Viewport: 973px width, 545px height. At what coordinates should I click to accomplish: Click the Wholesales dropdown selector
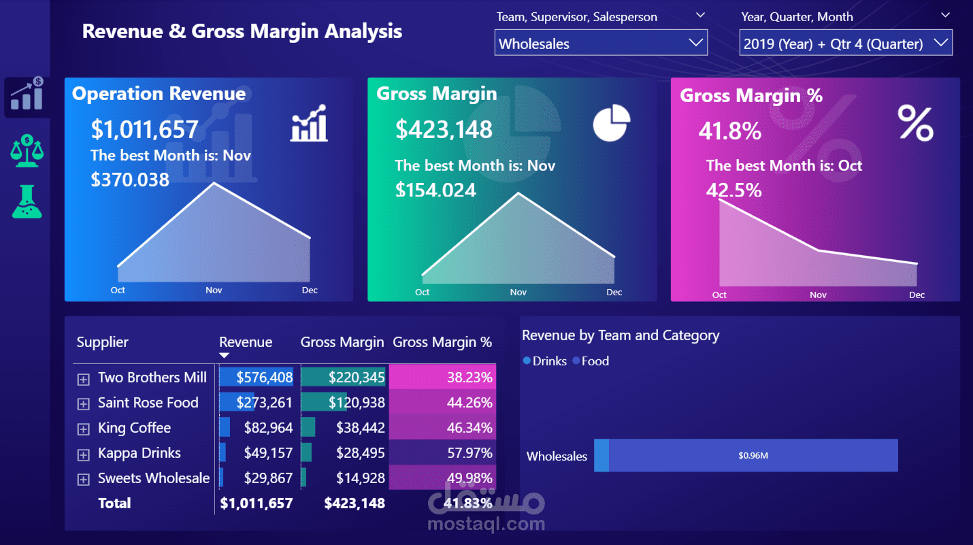[600, 44]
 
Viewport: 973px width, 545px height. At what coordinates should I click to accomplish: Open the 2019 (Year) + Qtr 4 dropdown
[845, 44]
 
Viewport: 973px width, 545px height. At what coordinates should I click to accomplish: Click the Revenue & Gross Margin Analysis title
[242, 31]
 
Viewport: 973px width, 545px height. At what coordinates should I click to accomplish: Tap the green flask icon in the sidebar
[27, 202]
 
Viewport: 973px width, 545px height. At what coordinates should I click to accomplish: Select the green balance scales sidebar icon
[27, 150]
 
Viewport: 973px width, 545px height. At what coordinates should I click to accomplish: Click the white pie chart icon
[611, 123]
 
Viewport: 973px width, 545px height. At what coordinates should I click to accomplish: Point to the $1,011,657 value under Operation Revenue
[144, 129]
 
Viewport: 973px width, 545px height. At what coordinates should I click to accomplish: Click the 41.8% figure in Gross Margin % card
[729, 131]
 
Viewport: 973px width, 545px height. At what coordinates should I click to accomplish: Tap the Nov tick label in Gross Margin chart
[518, 292]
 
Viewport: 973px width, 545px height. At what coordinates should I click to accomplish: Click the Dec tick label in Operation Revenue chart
[310, 290]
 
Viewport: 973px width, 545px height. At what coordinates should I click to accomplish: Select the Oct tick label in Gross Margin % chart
[719, 295]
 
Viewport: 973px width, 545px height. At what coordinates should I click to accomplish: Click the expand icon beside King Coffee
[83, 429]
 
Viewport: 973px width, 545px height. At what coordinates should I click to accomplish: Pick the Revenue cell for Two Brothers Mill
[264, 378]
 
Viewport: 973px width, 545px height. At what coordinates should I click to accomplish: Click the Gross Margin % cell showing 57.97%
[469, 453]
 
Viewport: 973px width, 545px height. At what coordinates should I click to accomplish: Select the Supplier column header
[102, 342]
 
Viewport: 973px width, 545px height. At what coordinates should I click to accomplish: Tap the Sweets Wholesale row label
[153, 478]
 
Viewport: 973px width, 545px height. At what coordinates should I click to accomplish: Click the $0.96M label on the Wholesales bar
[753, 456]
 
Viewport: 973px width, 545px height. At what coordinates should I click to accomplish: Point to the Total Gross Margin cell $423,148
[354, 503]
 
